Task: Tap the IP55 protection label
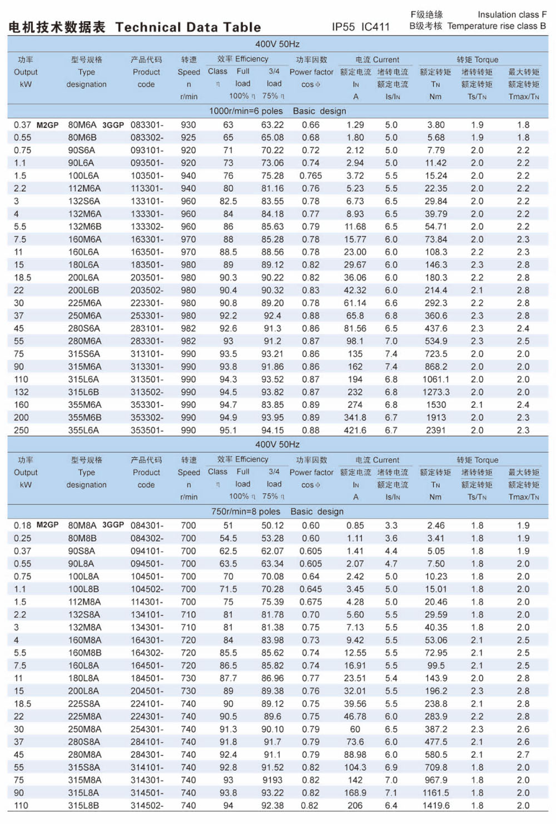tap(343, 27)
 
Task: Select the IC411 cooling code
tap(375, 27)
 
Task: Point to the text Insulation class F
tap(512, 14)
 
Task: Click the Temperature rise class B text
tap(497, 26)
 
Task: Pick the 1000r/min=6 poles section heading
tap(246, 111)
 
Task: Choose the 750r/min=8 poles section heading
tap(246, 511)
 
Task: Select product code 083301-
tap(147, 125)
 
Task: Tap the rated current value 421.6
tap(355, 430)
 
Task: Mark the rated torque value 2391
tap(436, 430)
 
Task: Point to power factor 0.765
tap(311, 176)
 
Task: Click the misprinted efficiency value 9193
tap(272, 780)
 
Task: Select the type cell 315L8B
tap(83, 806)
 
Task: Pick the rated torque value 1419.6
tap(436, 806)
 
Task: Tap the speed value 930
tap(188, 125)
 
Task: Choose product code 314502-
tap(147, 806)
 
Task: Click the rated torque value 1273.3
tap(436, 392)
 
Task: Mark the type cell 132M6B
tap(85, 227)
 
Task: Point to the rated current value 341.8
tap(355, 417)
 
